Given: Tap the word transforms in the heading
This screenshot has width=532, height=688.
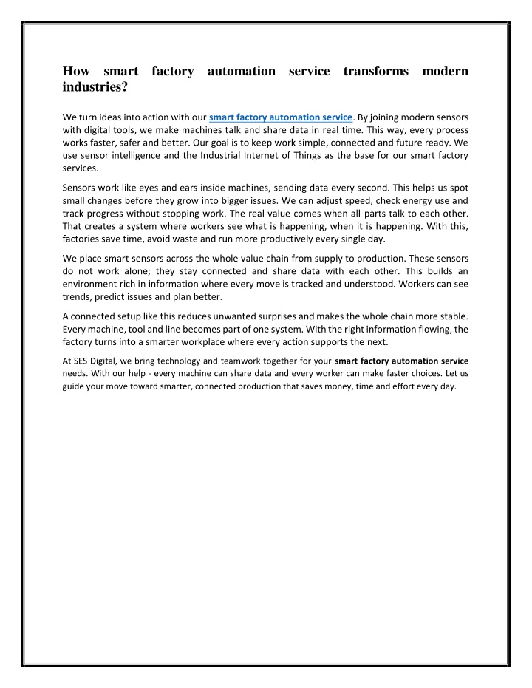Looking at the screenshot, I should click(376, 71).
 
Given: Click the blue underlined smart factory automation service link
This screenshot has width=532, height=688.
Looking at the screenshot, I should click(282, 116).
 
